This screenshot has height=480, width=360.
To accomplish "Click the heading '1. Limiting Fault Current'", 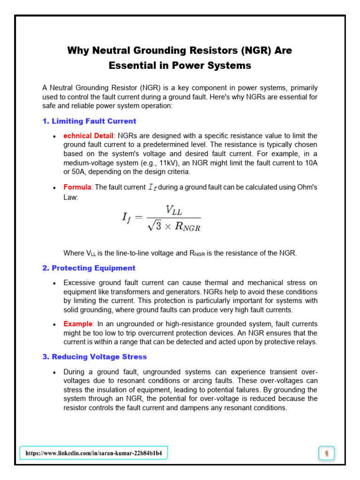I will click(x=89, y=121).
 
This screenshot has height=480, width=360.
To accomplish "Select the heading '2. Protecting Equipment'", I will click(x=89, y=268).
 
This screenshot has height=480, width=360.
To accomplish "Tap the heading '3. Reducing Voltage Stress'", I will click(x=94, y=357).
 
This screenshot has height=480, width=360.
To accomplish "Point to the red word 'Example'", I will click(x=78, y=324).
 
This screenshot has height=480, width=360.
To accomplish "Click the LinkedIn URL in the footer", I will click(x=94, y=453).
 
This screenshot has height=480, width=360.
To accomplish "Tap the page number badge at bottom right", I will click(x=326, y=453).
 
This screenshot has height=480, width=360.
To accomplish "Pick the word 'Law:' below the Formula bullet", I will click(x=71, y=197).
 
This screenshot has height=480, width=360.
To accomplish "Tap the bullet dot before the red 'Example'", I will click(x=55, y=324).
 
